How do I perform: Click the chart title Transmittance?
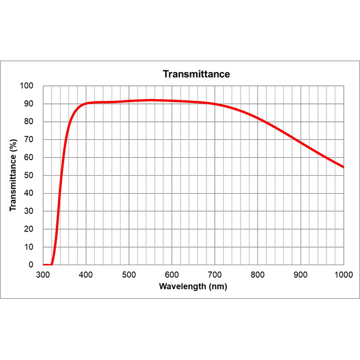coord(196,74)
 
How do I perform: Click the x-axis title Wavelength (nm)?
coord(193,286)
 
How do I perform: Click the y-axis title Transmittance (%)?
coord(13,175)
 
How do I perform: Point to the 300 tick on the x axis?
coord(43,275)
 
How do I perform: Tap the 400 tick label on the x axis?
coord(86,275)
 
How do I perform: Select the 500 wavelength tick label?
coord(129,275)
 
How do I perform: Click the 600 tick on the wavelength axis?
coord(172,275)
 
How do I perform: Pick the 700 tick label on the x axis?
coord(215,275)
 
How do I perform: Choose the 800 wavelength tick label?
coord(258,275)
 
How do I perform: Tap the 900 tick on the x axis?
coord(301,275)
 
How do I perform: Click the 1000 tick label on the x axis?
coord(343,275)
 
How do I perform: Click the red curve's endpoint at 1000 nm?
coord(343,167)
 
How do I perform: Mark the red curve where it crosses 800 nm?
coord(258,118)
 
